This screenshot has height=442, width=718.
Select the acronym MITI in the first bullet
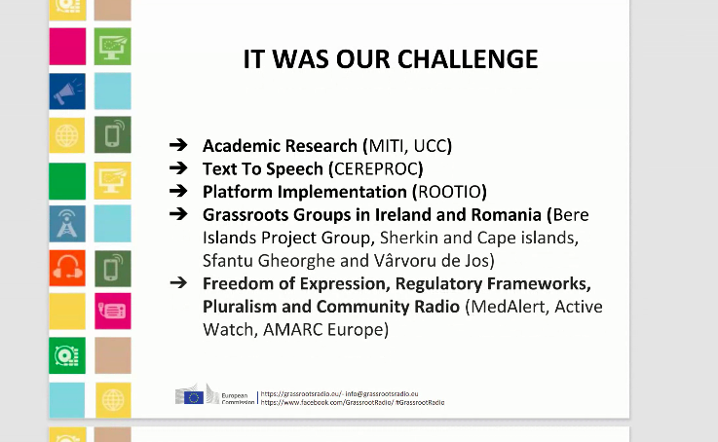point(386,146)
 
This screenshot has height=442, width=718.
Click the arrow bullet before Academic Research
point(178,146)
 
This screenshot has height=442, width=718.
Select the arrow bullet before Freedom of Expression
point(178,283)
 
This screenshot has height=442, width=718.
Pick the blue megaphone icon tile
point(67,91)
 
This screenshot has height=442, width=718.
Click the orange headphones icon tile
point(67,268)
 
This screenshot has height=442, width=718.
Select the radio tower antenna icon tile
point(67,224)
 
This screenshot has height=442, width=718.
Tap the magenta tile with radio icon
point(112,311)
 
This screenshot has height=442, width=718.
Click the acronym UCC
point(433,146)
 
